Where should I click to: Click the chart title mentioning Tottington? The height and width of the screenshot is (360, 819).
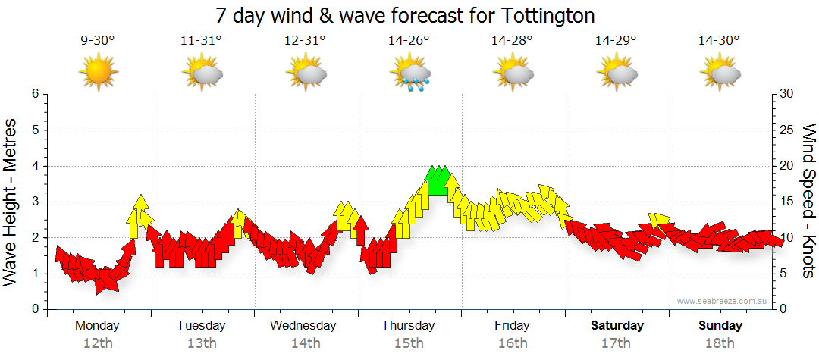[405, 15]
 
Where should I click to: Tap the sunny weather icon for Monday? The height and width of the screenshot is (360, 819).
[98, 73]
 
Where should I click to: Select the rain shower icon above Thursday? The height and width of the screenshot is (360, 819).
[409, 74]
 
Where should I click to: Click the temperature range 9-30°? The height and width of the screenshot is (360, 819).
[98, 41]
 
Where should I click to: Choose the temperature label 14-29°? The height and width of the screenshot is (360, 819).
[616, 41]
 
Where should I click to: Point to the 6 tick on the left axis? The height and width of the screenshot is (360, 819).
[34, 94]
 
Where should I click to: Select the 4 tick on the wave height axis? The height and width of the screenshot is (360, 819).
[34, 166]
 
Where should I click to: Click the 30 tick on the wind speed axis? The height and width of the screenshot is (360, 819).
[786, 94]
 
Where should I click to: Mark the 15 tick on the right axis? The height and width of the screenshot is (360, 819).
[786, 202]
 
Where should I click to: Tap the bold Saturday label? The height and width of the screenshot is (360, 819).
[617, 326]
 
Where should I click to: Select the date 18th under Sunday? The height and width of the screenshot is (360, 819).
[720, 343]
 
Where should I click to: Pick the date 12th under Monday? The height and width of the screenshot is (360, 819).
[98, 343]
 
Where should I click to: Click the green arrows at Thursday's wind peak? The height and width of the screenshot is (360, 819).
[438, 180]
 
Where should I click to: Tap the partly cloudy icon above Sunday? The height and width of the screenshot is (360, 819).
[720, 74]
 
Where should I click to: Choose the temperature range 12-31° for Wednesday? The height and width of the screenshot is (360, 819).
[305, 41]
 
